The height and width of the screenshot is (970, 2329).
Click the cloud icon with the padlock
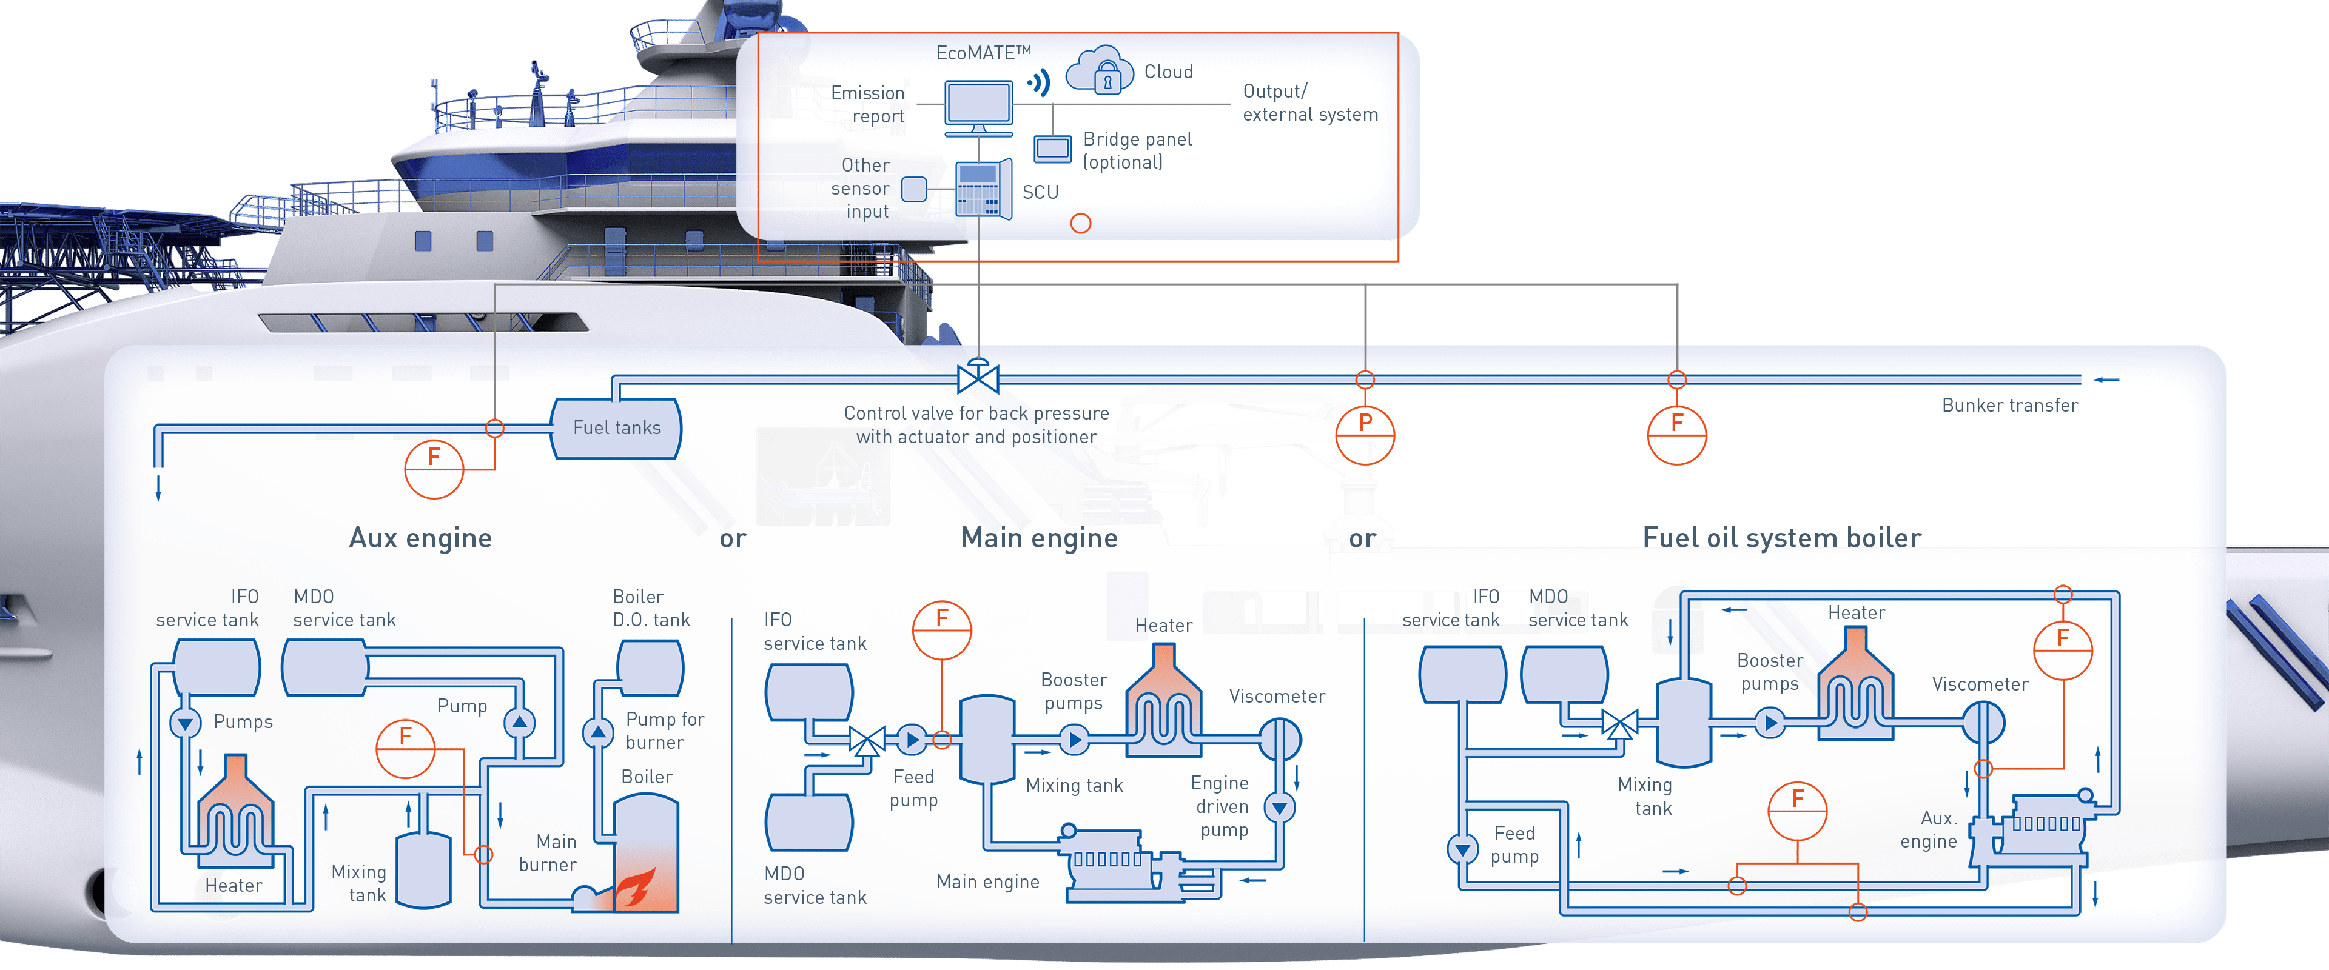(1100, 70)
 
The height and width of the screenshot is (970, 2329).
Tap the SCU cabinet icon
(983, 189)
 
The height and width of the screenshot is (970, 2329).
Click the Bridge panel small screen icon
(1052, 149)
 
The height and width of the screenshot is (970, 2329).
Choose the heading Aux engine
(420, 538)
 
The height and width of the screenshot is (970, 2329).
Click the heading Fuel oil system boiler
(1781, 538)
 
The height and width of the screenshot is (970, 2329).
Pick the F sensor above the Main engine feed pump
(941, 630)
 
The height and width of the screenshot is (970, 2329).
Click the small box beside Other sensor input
(914, 189)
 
